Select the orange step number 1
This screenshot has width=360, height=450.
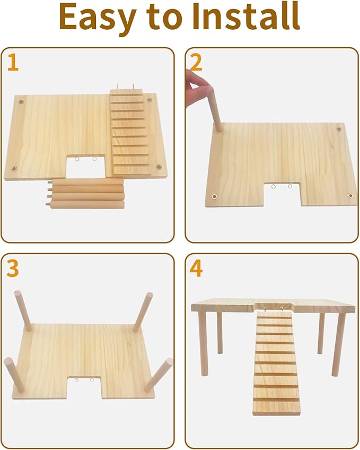[13, 63]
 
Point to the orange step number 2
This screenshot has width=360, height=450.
[196, 63]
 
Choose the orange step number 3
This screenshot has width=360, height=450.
[13, 269]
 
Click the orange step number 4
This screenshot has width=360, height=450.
[196, 269]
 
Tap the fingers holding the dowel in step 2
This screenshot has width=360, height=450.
[195, 82]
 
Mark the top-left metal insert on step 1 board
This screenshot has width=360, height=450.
[21, 100]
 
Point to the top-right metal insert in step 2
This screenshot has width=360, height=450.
[339, 129]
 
